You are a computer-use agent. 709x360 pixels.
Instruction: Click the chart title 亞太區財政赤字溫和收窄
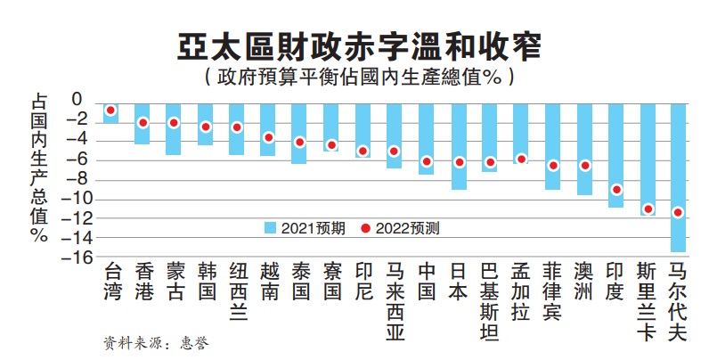[354, 45]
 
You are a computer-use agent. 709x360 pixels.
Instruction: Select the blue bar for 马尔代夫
[679, 178]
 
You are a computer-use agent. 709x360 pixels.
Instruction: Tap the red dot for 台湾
[111, 110]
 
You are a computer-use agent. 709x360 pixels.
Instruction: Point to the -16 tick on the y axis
[79, 258]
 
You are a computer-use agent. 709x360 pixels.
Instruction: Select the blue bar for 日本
[459, 147]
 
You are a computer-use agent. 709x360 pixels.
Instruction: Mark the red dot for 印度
[615, 190]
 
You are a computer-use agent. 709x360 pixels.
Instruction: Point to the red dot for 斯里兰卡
[648, 209]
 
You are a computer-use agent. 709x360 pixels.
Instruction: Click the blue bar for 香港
[143, 124]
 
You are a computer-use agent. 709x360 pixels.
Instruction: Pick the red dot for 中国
[427, 161]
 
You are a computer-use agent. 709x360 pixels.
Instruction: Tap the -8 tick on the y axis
[79, 179]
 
